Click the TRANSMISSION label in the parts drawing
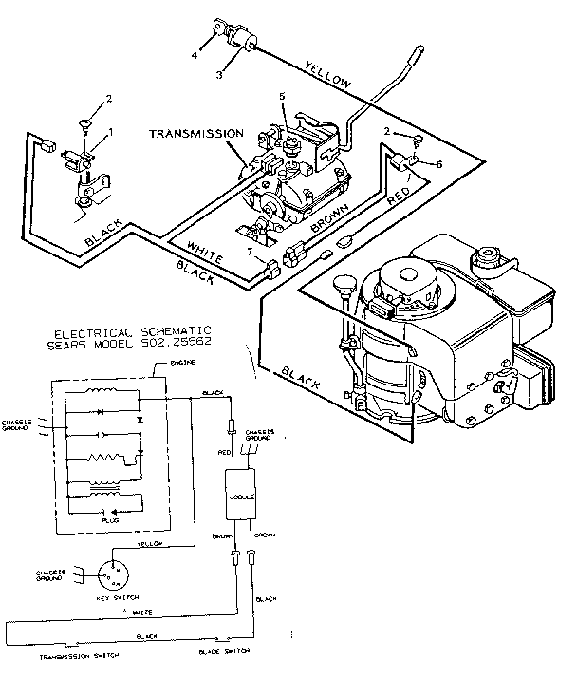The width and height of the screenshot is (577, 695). point(196,135)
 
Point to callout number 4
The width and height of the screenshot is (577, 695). point(195,54)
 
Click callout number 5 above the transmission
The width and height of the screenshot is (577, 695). point(281,96)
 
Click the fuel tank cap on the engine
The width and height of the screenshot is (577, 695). point(489,254)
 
